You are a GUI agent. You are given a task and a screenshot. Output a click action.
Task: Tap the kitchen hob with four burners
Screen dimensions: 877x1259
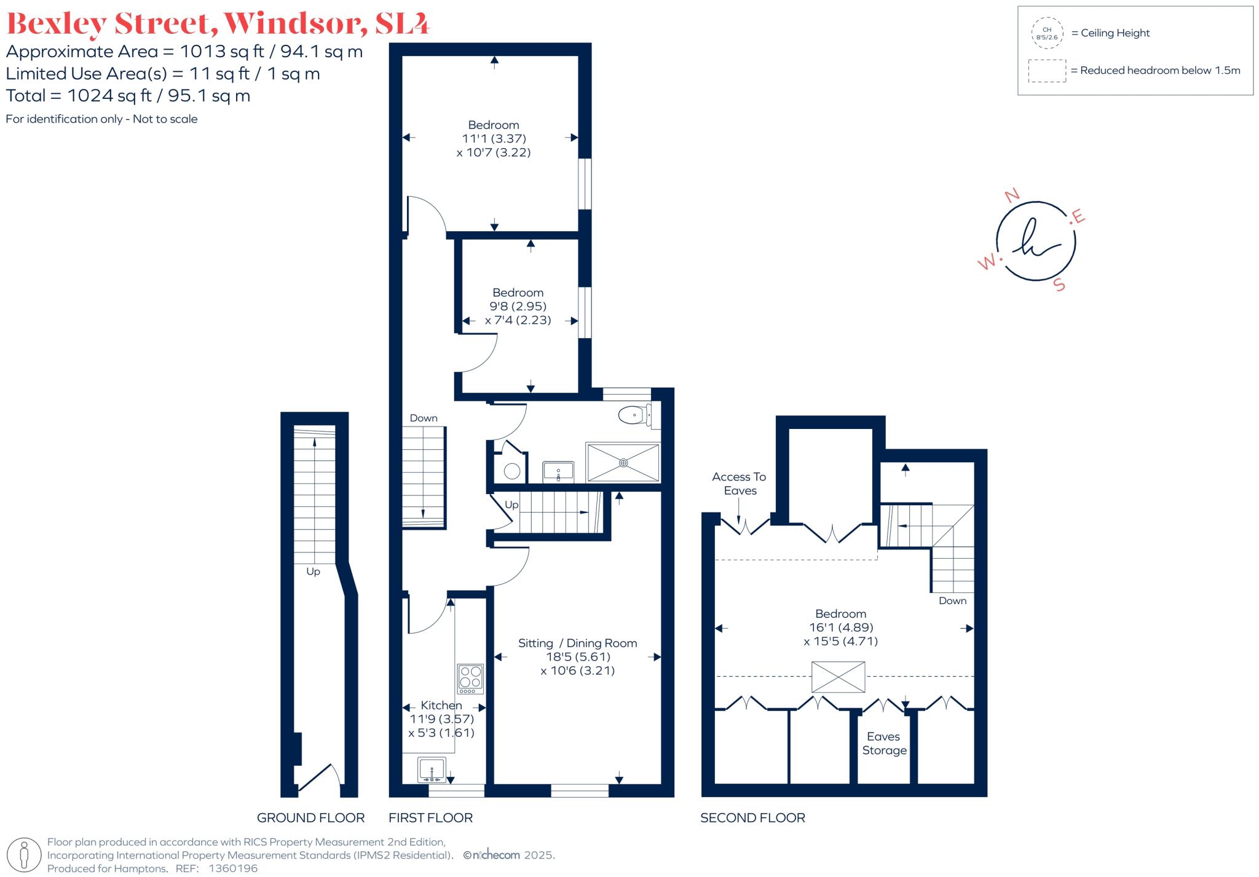click(470, 678)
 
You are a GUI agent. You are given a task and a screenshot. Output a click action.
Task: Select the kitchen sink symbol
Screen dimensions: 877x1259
click(432, 769)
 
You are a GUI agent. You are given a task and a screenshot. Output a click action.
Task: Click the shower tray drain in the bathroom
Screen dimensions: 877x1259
click(623, 463)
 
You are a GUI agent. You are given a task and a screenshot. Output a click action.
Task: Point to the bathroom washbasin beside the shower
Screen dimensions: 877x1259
click(558, 471)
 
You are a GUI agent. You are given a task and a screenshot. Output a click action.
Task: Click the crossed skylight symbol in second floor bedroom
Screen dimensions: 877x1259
click(838, 677)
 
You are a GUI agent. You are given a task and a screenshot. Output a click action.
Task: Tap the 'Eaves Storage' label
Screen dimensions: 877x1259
click(884, 743)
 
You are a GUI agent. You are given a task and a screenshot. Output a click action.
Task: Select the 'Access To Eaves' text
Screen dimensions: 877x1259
click(739, 483)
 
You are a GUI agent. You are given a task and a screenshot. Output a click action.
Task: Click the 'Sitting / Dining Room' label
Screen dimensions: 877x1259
click(577, 643)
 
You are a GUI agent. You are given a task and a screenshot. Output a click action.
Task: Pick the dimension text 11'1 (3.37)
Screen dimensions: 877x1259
click(494, 138)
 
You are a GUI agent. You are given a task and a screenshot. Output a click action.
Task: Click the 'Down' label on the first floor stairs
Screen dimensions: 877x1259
click(424, 418)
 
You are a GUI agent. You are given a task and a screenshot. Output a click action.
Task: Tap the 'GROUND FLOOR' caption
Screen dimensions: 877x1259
click(310, 817)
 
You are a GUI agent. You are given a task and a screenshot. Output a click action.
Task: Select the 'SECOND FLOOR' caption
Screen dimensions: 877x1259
click(752, 817)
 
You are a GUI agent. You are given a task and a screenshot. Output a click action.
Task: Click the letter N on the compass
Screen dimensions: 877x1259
click(1011, 195)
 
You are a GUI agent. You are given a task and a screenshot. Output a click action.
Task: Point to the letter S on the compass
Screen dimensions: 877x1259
click(1059, 285)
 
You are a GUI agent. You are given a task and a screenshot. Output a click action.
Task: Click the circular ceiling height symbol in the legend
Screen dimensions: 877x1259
click(1047, 33)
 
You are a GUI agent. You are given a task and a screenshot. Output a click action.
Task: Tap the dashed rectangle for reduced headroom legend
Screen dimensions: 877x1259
click(1047, 71)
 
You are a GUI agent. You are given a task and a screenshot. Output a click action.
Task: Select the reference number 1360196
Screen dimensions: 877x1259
click(233, 868)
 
